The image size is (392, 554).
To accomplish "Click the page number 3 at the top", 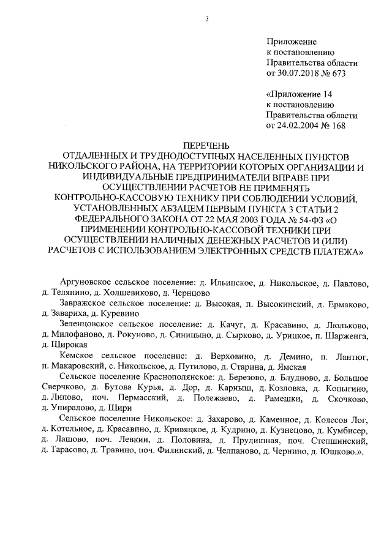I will pos(207,18).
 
